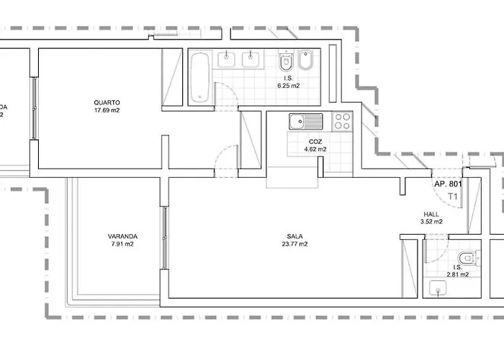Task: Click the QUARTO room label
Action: point(106,102)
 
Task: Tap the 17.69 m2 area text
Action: point(106,111)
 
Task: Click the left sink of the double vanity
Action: point(227,58)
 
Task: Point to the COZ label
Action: point(315,141)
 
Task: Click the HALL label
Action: point(431,213)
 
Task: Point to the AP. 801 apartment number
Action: point(447,184)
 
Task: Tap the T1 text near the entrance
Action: point(453,196)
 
